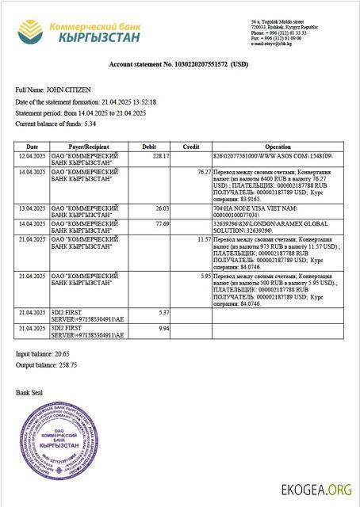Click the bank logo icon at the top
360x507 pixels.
coord(31,32)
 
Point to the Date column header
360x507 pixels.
coord(32,147)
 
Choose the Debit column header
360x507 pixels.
coord(148,147)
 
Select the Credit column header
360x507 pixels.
coord(191,147)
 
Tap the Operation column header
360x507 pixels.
coord(278,147)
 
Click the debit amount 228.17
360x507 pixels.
coord(161,156)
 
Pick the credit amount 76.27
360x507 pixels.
coord(203,171)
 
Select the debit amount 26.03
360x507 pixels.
coord(163,208)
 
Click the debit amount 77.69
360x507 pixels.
coord(163,223)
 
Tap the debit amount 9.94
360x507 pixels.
coord(164,328)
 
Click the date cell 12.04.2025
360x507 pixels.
coord(32,156)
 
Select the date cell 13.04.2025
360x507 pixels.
coord(32,208)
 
